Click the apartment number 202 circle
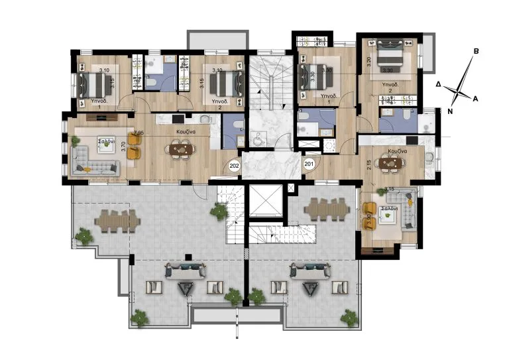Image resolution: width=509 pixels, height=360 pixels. click(233, 166)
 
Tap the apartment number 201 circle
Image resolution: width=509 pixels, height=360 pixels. click(309, 163)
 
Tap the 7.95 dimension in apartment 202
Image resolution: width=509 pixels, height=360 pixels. click(138, 133)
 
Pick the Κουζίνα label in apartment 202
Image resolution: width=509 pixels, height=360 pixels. click(185, 133)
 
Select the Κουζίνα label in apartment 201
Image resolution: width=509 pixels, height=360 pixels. click(394, 150)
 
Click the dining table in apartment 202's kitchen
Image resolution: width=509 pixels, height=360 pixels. click(180, 150)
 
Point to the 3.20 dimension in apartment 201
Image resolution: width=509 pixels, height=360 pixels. click(369, 63)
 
